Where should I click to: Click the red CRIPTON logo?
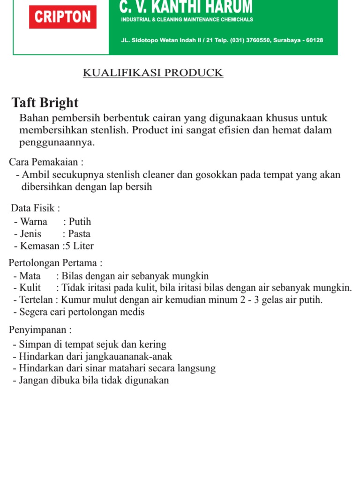click(x=63, y=17)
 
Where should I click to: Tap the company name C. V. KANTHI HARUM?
click(x=186, y=7)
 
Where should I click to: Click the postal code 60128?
click(x=315, y=40)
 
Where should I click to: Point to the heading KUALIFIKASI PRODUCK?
click(x=153, y=73)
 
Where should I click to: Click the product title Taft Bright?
click(x=45, y=103)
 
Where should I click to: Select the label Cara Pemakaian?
click(x=46, y=162)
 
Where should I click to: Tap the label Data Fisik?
click(x=35, y=208)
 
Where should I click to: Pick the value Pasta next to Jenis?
click(x=79, y=234)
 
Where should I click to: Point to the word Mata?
click(x=30, y=276)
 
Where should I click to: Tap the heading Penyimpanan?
click(x=40, y=330)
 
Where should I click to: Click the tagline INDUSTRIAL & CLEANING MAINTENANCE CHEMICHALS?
click(x=187, y=20)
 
